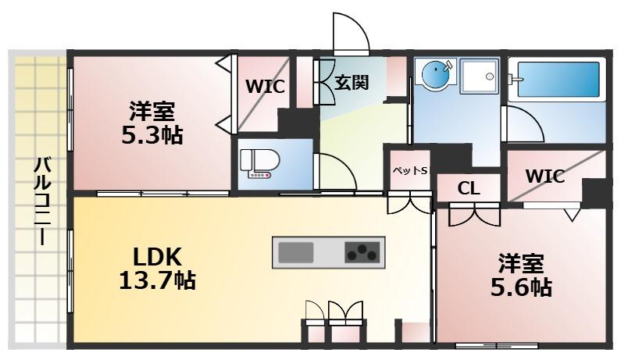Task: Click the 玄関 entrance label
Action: coord(352,82)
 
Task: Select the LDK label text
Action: coord(157,255)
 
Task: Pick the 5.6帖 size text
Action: coord(521,287)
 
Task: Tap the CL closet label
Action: coord(469,188)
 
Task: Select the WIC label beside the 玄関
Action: coord(266,86)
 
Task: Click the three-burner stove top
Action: coord(362,253)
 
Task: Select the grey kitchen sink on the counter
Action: coord(296,253)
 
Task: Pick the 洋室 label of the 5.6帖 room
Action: coord(522,263)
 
